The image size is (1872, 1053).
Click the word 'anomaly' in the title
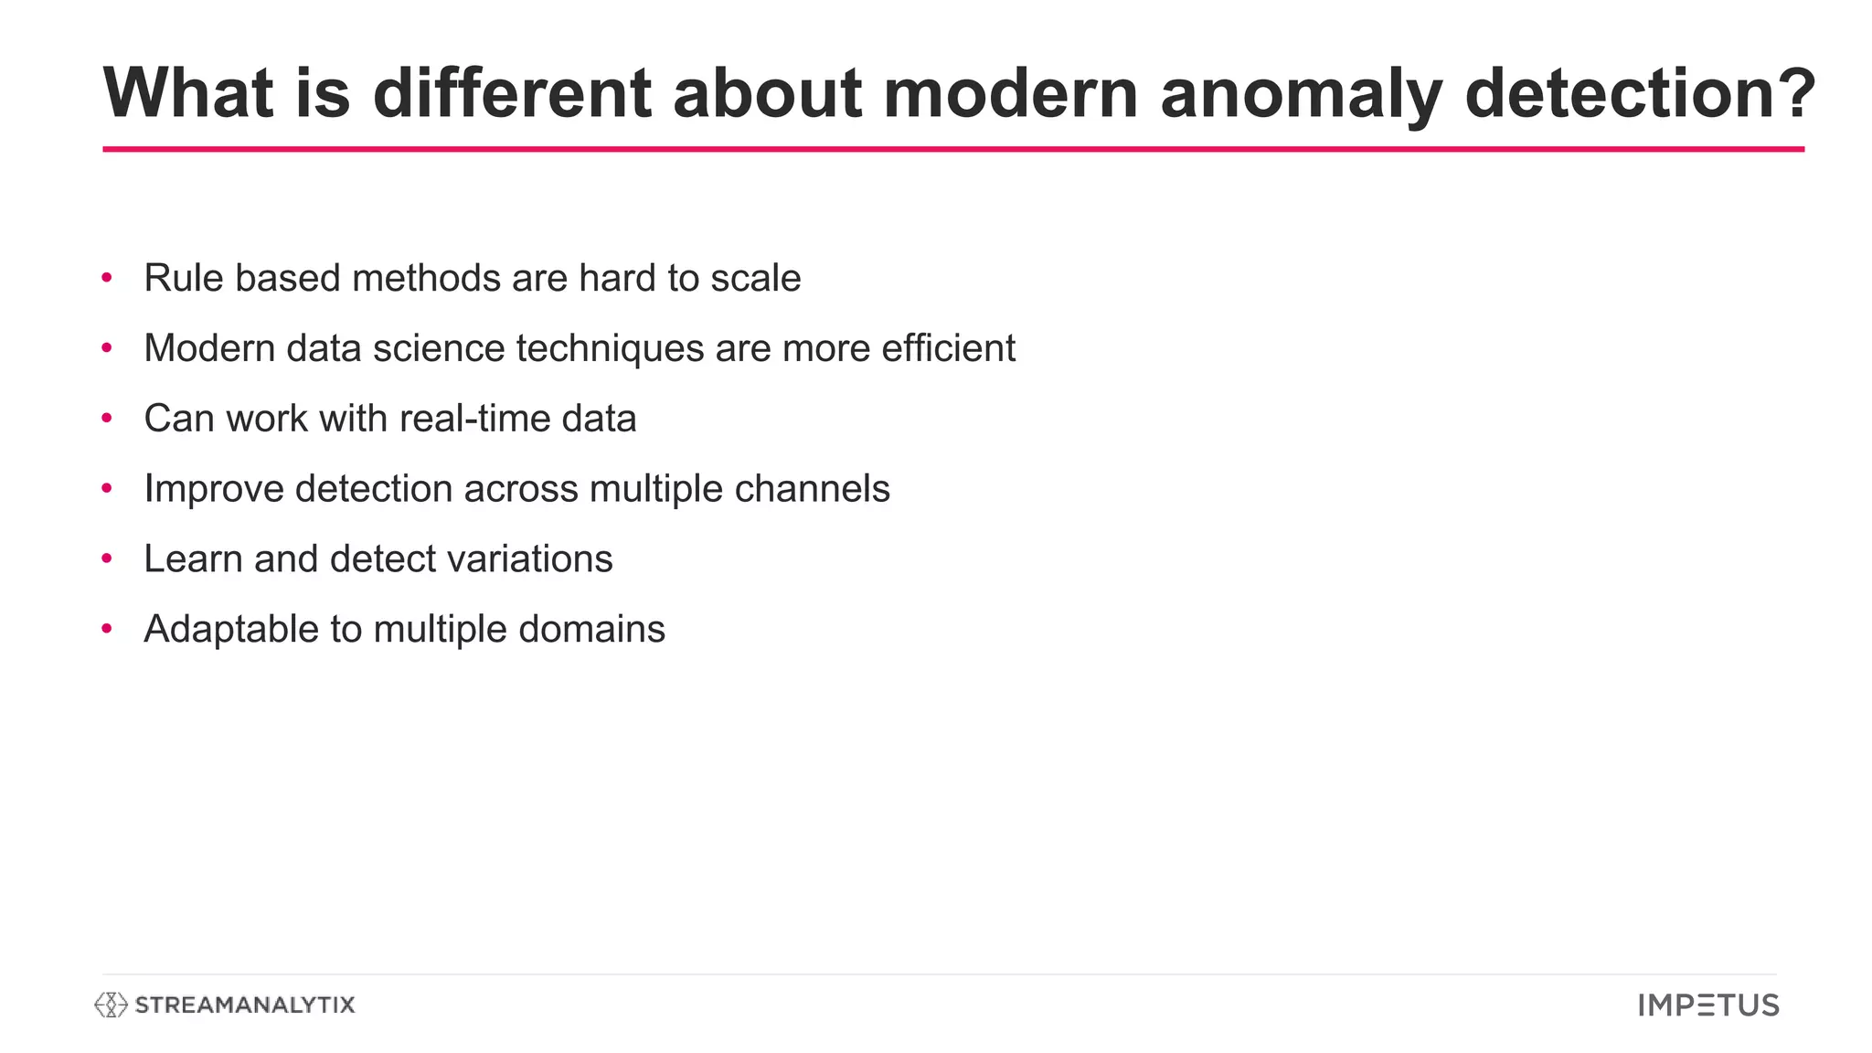1301,94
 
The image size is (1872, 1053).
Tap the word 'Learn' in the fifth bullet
194,558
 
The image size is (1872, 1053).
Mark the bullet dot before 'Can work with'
107,419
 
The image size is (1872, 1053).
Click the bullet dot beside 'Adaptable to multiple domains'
107,629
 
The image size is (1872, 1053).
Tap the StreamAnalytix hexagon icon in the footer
111,1005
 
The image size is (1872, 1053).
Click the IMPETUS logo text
1708,1005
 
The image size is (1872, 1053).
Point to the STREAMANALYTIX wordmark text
244,1005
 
